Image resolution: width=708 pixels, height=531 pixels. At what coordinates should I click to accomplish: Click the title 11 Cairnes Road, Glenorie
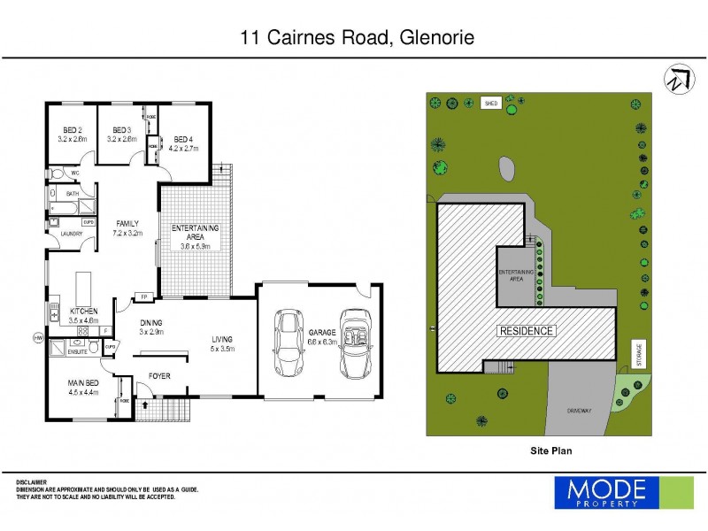tap(358, 37)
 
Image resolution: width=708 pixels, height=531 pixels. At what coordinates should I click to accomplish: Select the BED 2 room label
tap(72, 134)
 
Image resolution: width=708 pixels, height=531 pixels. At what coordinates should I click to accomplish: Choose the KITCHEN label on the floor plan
tap(83, 312)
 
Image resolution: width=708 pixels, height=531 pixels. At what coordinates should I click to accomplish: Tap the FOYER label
tap(159, 376)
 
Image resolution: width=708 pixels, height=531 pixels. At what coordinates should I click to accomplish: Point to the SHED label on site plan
tap(490, 104)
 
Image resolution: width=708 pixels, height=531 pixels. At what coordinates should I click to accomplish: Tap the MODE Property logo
tap(624, 491)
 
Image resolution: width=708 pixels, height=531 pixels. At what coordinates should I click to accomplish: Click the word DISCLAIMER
tap(33, 481)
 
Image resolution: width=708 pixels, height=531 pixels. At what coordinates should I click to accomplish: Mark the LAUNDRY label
tap(72, 234)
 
